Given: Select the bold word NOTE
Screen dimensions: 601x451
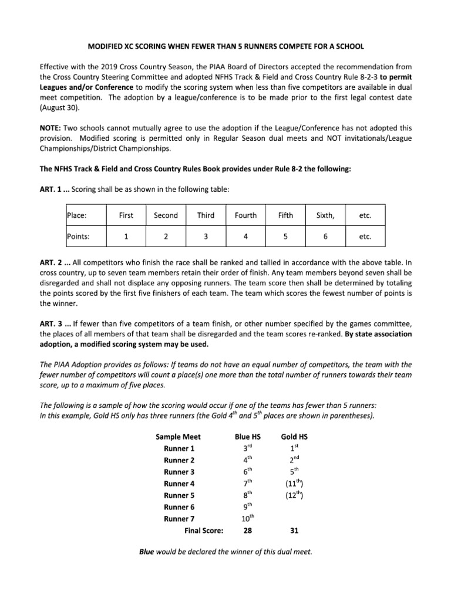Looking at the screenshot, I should point(51,127).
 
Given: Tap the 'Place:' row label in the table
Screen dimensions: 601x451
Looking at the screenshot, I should point(77,215).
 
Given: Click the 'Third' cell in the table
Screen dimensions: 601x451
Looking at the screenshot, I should point(206,215).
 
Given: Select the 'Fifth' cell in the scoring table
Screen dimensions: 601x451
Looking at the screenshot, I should point(285,215).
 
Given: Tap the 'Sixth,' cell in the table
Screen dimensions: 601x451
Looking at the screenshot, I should point(325,215).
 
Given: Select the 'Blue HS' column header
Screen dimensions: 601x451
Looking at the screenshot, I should point(248,437).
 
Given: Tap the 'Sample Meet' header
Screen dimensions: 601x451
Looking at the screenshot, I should point(179,437).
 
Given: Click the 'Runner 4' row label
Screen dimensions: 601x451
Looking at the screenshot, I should point(179,484).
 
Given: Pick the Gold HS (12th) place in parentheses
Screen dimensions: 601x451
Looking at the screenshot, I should point(294,495).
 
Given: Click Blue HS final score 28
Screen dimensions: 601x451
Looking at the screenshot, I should point(248,531).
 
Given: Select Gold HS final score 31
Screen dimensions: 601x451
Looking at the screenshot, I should point(294,531).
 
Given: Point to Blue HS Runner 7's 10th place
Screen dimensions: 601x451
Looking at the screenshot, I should point(248,518).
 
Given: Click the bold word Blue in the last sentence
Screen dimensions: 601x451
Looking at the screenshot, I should point(147,552).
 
